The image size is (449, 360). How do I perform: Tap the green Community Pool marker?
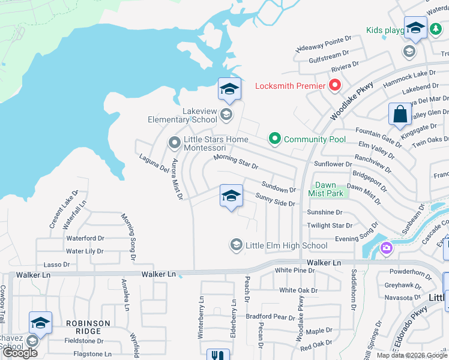click(x=275, y=139)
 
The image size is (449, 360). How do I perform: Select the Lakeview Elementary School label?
click(x=182, y=115)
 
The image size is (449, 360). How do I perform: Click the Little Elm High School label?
click(x=287, y=245)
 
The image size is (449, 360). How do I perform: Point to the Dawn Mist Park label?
click(x=326, y=189)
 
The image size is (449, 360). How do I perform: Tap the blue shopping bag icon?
click(x=399, y=115)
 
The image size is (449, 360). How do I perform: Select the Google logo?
click(x=20, y=353)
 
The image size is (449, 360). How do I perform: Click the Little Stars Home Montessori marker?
click(x=174, y=143)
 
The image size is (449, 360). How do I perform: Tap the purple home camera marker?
click(x=385, y=247)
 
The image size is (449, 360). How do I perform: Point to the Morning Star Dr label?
click(x=237, y=161)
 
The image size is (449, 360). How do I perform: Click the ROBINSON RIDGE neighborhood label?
click(x=88, y=327)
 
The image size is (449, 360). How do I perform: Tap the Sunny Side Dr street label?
click(x=275, y=200)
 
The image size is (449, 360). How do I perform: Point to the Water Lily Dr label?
click(x=85, y=251)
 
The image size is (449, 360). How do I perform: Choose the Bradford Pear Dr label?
click(x=273, y=316)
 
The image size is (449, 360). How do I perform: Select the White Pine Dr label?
click(x=295, y=271)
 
